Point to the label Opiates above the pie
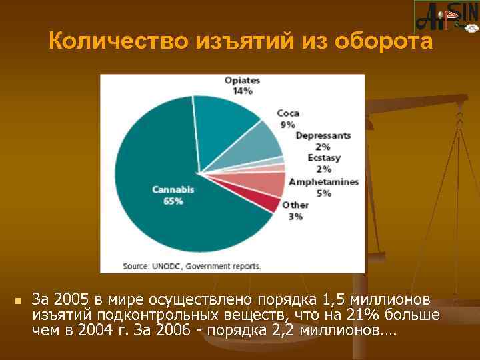coord(242,81)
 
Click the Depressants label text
coord(323,135)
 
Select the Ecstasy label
coord(323,158)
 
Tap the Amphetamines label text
coord(323,182)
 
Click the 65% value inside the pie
coord(173,201)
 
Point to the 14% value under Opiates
coord(242,91)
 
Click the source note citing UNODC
coord(192,265)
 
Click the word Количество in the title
coord(119,41)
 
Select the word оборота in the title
coord(383,41)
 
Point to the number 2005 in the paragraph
coord(70,297)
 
